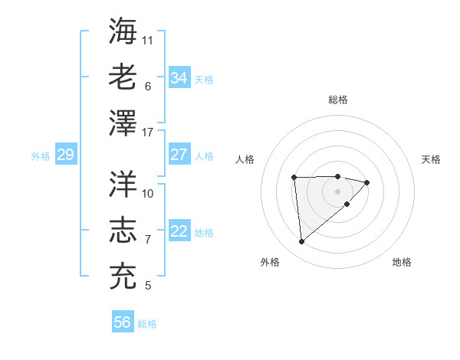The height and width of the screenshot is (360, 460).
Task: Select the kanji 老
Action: tap(123, 77)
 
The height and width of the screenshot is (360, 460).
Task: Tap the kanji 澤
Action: tap(123, 123)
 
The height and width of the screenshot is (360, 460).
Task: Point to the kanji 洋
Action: tap(123, 184)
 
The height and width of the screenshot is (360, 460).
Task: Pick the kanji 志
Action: tap(123, 231)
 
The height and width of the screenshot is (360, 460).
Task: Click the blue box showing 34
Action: tap(179, 78)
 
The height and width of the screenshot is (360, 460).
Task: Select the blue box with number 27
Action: tap(179, 155)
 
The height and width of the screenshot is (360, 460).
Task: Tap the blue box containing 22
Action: tap(179, 231)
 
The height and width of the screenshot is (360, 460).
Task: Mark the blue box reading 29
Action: tap(65, 155)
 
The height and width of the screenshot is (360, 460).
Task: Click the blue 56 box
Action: tap(122, 322)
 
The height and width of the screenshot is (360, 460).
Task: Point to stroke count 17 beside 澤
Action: tap(148, 133)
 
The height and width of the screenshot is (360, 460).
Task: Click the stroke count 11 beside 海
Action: tap(148, 39)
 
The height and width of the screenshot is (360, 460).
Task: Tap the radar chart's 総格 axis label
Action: tap(338, 100)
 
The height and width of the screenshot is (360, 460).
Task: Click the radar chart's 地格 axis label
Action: tap(402, 262)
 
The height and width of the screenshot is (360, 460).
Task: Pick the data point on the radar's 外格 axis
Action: tap(302, 242)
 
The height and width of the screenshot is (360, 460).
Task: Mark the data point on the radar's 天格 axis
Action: tap(367, 182)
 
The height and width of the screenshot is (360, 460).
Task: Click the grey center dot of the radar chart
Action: tap(338, 191)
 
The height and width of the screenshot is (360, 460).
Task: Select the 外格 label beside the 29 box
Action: tap(41, 156)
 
